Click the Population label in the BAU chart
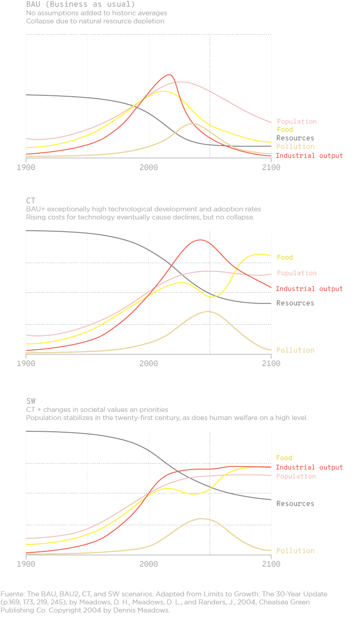point(296,121)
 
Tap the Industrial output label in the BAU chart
point(309,156)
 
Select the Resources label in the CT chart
point(295,303)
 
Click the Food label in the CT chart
point(284,257)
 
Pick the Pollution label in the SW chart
point(295,550)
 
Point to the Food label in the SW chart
point(284,458)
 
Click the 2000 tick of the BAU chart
point(148,167)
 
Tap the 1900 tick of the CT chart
point(26,363)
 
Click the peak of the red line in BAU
point(169,75)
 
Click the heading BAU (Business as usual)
point(80,4)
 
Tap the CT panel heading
point(31,201)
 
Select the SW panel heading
point(31,401)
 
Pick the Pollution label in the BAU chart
point(295,147)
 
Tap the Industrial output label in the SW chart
point(309,468)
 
